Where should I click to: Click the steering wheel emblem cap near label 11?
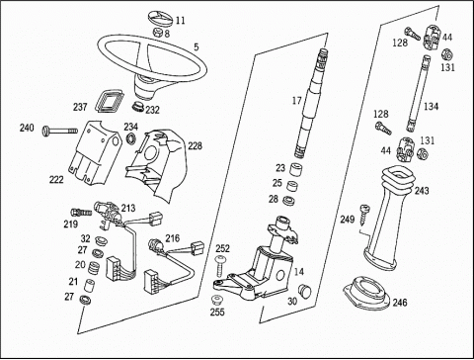(x=161, y=18)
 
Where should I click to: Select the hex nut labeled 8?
(x=158, y=33)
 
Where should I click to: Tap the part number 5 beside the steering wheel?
(x=197, y=47)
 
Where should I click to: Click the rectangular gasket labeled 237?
(x=109, y=99)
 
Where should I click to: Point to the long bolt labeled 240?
(x=60, y=132)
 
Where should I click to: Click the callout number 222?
(x=56, y=180)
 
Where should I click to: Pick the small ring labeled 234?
(x=131, y=138)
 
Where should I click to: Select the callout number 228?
(x=196, y=145)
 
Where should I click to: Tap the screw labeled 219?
(x=81, y=212)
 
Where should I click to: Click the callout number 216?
(x=173, y=238)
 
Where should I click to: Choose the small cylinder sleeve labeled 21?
(x=89, y=285)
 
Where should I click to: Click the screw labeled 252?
(x=220, y=266)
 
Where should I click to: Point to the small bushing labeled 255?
(x=216, y=300)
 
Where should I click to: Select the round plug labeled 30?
(x=304, y=291)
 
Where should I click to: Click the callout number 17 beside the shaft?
(x=296, y=101)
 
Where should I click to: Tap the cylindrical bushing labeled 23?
(x=296, y=168)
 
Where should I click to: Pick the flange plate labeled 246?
(x=366, y=294)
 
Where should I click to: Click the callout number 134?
(x=431, y=107)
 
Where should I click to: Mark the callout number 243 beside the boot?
(x=422, y=191)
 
